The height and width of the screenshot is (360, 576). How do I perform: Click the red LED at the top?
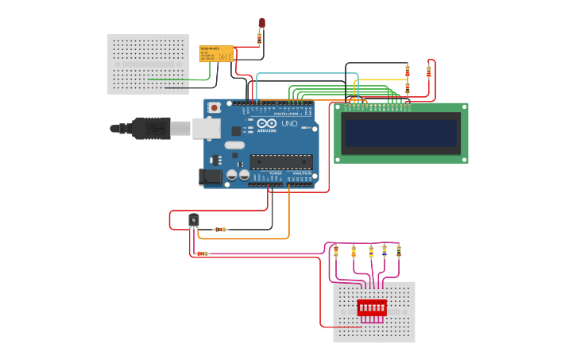click(261, 23)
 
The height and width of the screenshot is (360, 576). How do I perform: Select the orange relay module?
click(216, 53)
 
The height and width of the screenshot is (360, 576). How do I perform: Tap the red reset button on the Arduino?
click(213, 106)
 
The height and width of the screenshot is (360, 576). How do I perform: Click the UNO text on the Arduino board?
click(289, 124)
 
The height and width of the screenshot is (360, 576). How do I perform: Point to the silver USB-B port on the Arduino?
click(206, 127)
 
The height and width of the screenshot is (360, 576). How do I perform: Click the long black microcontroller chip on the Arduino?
click(280, 161)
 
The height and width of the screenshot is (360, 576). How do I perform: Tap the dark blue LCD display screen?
click(401, 133)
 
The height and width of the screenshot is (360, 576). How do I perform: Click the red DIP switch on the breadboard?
click(372, 308)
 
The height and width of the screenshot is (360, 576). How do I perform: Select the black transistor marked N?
click(193, 219)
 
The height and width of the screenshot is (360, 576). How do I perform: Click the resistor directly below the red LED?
click(259, 38)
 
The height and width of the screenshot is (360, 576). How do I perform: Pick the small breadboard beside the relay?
click(149, 64)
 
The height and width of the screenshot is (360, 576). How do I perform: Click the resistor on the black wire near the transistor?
click(221, 230)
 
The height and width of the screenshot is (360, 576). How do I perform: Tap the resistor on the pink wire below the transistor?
click(203, 254)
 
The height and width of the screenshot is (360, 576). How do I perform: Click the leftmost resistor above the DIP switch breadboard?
click(335, 251)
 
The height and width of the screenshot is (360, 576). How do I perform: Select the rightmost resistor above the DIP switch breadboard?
click(399, 250)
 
